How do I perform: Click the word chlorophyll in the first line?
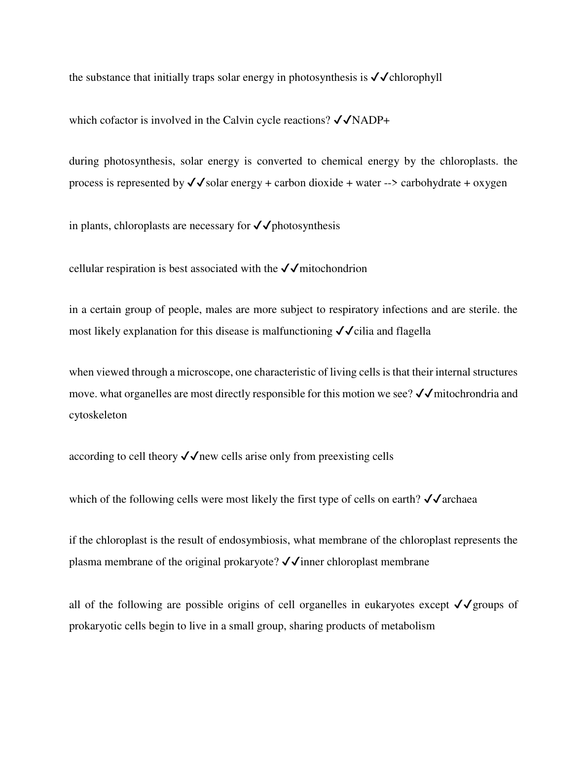pyautogui.click(x=415, y=77)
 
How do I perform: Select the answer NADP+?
pyautogui.click(x=370, y=120)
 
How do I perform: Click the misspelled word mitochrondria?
pyautogui.click(x=466, y=394)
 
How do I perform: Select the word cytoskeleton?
pyautogui.click(x=98, y=415)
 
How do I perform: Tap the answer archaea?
pyautogui.click(x=460, y=499)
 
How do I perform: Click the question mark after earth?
pyautogui.click(x=418, y=499)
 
